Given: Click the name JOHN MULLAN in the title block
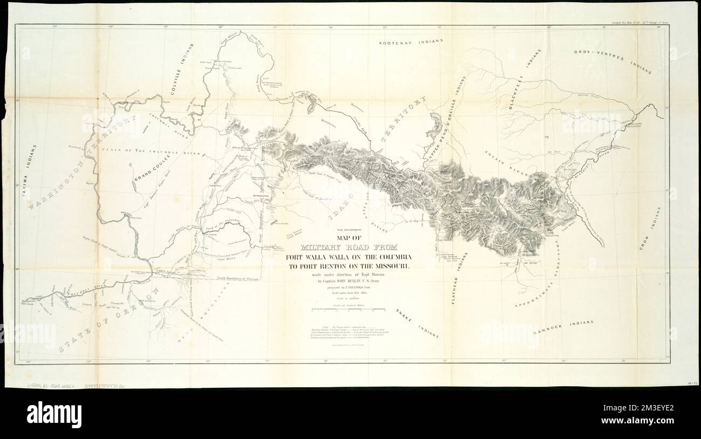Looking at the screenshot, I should coord(358,281).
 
